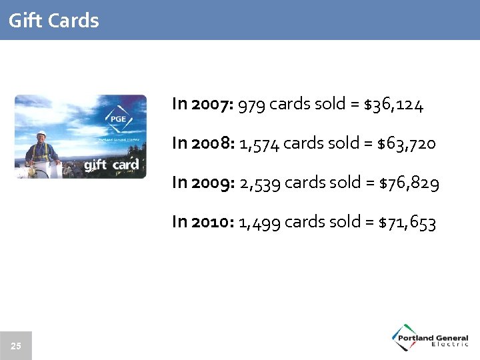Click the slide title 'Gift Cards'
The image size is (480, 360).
tap(54, 21)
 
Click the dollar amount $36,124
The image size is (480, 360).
tap(394, 105)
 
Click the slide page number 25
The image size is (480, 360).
tap(16, 345)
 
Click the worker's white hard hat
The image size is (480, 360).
tap(42, 133)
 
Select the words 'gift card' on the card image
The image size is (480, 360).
tap(112, 165)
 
